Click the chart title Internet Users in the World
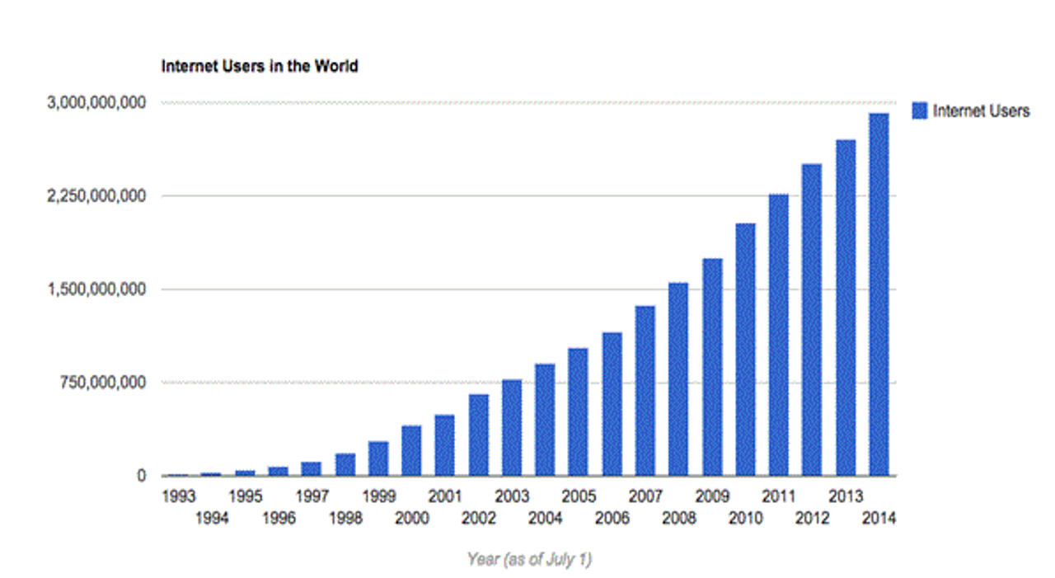coord(260,66)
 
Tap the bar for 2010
coord(745,350)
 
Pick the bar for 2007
coord(645,391)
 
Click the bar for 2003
coord(512,428)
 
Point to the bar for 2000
coord(411,451)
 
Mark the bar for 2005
coord(578,412)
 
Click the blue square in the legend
coord(920,111)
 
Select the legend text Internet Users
coord(981,111)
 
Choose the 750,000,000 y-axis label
coord(104,383)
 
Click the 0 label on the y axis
coord(141,476)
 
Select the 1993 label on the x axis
coord(178,496)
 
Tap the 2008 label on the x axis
coord(678,519)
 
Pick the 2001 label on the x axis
coord(445,496)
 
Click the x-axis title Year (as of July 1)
coord(529,559)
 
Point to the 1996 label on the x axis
coord(279,519)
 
